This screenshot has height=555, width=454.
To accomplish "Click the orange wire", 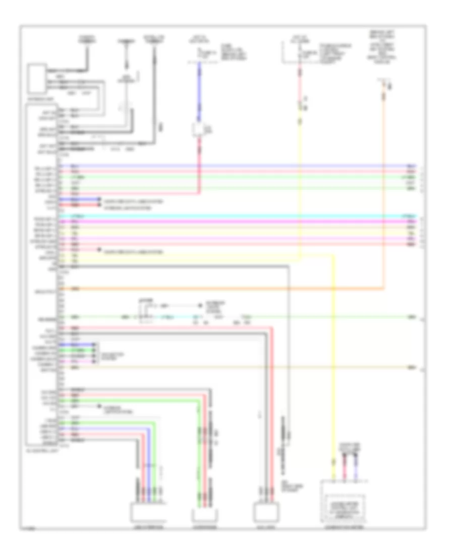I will click(x=227, y=289).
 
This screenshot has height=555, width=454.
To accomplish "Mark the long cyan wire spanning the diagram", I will click(x=232, y=216).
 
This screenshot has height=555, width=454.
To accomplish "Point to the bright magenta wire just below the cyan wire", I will click(x=232, y=221).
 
